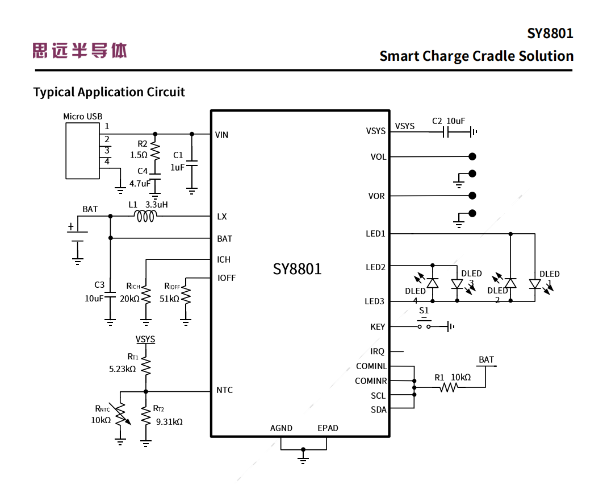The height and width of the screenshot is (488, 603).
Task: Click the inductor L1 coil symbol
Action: coord(145,216)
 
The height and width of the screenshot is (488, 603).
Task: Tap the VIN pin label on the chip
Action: coord(221,135)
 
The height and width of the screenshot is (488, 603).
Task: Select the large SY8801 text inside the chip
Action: coord(297,268)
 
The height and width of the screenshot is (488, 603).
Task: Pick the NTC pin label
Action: coord(224,390)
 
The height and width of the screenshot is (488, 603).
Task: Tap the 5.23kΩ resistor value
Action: coord(122,369)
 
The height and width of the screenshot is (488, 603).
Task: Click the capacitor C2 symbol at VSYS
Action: coord(446,133)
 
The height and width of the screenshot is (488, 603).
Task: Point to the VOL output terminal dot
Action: coord(472,156)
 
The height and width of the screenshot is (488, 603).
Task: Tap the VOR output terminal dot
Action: coord(472,196)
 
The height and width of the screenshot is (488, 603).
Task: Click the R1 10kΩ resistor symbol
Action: coord(448,387)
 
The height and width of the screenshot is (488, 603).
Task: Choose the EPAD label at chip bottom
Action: coord(328,428)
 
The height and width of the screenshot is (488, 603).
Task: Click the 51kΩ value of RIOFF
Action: coord(169,299)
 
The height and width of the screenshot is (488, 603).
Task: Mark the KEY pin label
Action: coord(378,327)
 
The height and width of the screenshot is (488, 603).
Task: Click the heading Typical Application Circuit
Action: coord(109,92)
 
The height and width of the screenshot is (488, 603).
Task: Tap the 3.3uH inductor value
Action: coord(157,204)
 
